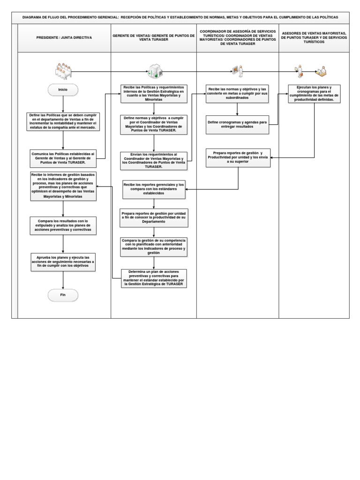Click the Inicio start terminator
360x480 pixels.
[63, 90]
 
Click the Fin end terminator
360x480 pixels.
[63, 295]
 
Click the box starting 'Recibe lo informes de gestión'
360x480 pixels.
[63, 186]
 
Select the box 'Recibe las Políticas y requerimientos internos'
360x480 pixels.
[154, 94]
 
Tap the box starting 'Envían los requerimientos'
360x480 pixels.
[154, 160]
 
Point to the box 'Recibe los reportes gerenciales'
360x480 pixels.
[154, 188]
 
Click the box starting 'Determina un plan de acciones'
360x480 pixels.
[154, 278]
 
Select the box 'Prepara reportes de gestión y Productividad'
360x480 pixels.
[238, 157]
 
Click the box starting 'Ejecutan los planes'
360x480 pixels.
[315, 93]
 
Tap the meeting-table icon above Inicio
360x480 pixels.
[62, 71]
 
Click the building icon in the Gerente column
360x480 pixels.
[153, 71]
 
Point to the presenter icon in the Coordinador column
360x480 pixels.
[238, 71]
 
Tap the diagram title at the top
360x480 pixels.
[180, 17]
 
